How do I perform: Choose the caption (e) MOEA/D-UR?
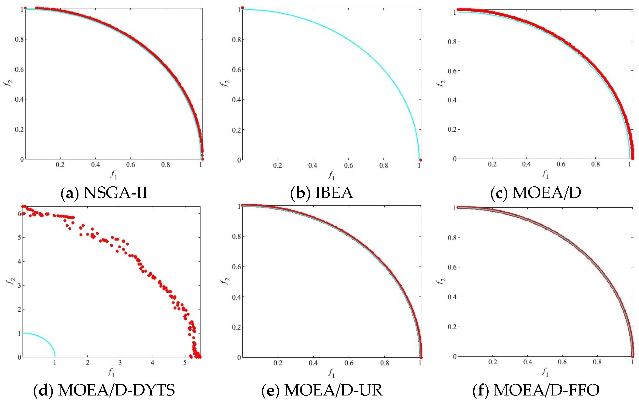(x=322, y=390)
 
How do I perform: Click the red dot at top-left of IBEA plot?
(x=242, y=8)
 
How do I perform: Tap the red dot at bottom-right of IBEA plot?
(x=421, y=160)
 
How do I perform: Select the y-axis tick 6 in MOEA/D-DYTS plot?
(x=19, y=214)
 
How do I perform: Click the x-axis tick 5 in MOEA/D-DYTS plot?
(x=185, y=363)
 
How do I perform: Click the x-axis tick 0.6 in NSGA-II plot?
(x=131, y=165)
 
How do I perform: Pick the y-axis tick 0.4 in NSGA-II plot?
(x=19, y=99)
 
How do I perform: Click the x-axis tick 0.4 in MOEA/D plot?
(x=526, y=164)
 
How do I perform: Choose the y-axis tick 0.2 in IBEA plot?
(x=236, y=130)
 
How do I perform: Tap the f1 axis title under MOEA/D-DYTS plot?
(x=111, y=373)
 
